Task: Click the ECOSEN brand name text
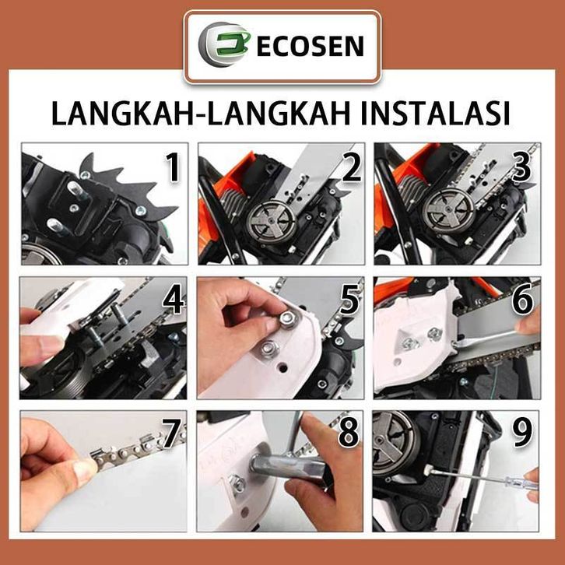[310, 46]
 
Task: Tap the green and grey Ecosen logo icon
[223, 44]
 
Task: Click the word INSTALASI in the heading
[434, 114]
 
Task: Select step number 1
[174, 167]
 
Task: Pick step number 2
[351, 167]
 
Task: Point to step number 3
[522, 167]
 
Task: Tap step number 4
[174, 299]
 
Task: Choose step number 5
[350, 299]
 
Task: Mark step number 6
[522, 299]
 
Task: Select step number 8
[349, 433]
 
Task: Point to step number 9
[522, 433]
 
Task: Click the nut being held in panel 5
[286, 318]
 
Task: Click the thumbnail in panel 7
[85, 468]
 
